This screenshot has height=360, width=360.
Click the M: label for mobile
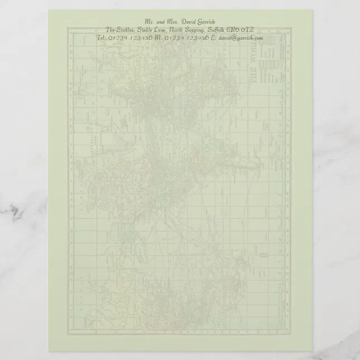158,38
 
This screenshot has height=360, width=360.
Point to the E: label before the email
214,38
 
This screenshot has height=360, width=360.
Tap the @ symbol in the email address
233,38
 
